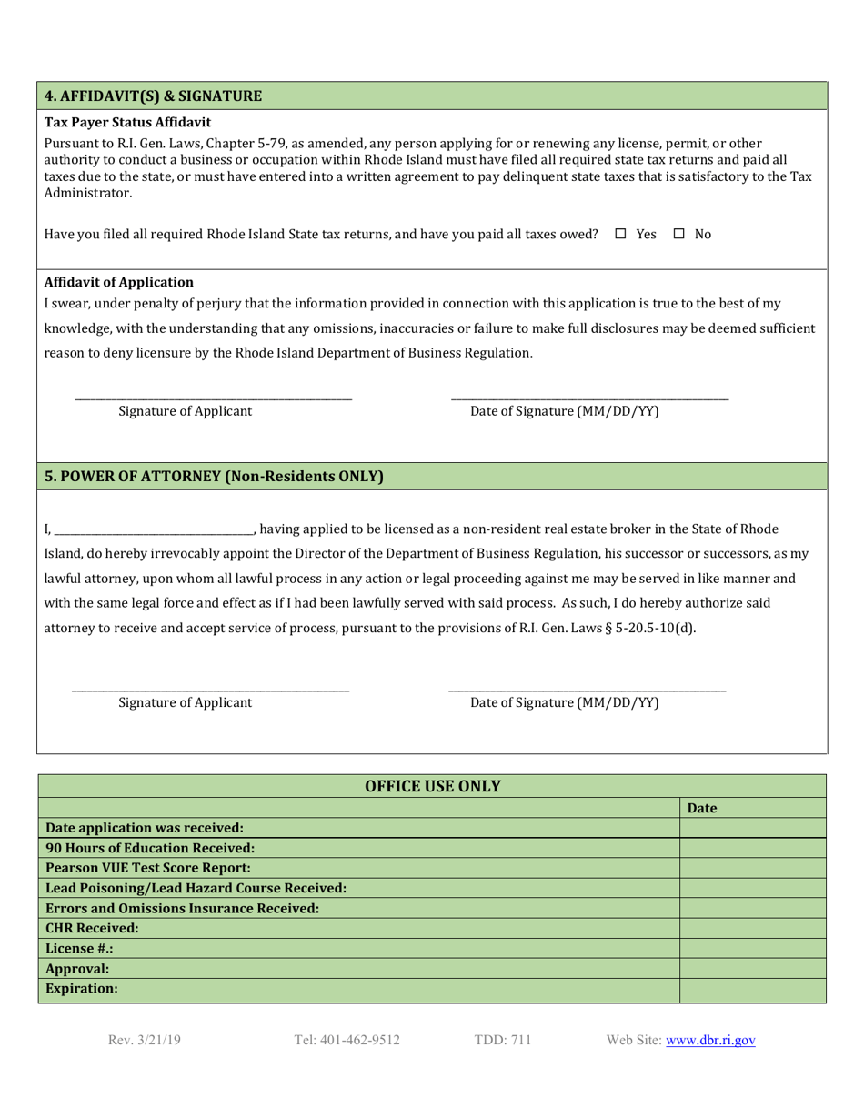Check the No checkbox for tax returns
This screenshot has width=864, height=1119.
click(678, 235)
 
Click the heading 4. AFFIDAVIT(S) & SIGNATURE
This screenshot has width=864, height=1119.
click(155, 96)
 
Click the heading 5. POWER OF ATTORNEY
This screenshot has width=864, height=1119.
click(214, 476)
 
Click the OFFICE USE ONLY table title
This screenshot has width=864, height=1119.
click(432, 786)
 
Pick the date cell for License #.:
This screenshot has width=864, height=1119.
click(752, 948)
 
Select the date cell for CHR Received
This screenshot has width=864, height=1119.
click(752, 929)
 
